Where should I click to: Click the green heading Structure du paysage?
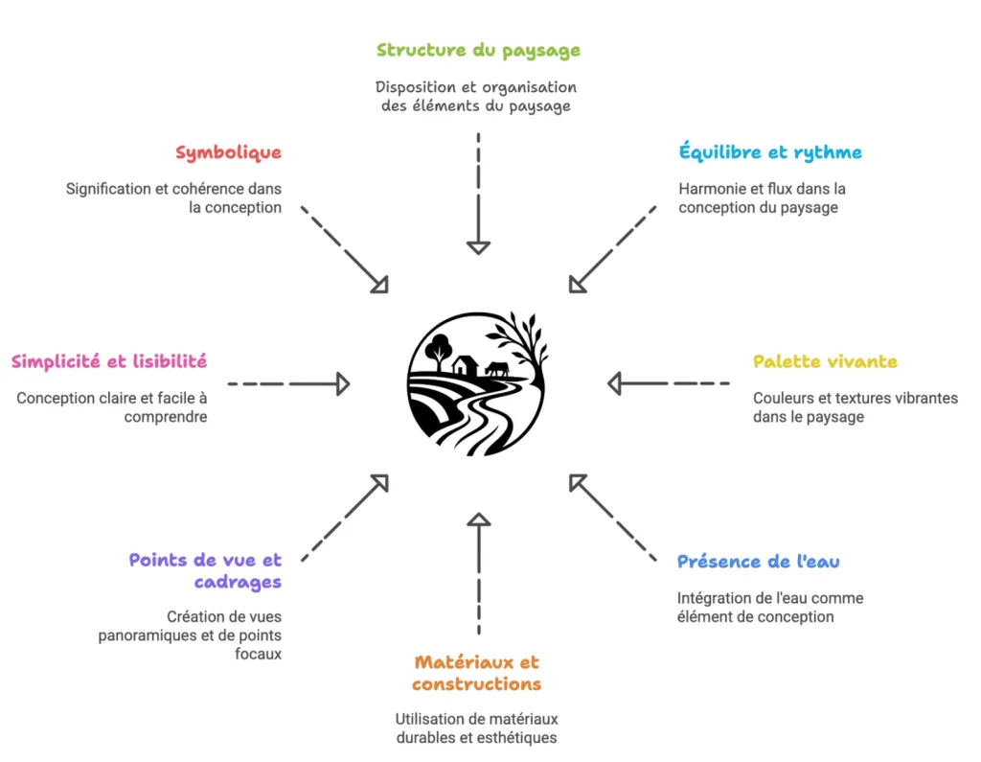coord(477,50)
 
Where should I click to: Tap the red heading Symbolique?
coord(228,152)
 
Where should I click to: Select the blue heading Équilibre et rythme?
coord(770,152)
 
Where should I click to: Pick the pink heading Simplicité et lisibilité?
coord(109,361)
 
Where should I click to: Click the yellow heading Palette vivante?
coord(825,361)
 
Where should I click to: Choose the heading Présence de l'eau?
coord(758,562)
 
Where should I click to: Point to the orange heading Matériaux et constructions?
coord(477,673)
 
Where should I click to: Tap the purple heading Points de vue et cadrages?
coord(205,570)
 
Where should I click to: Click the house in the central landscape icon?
coord(466,365)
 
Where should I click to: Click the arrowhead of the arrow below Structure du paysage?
coord(477,247)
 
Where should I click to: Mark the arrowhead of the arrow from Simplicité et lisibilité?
coord(342,384)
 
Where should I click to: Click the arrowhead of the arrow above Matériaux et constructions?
coord(477,520)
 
